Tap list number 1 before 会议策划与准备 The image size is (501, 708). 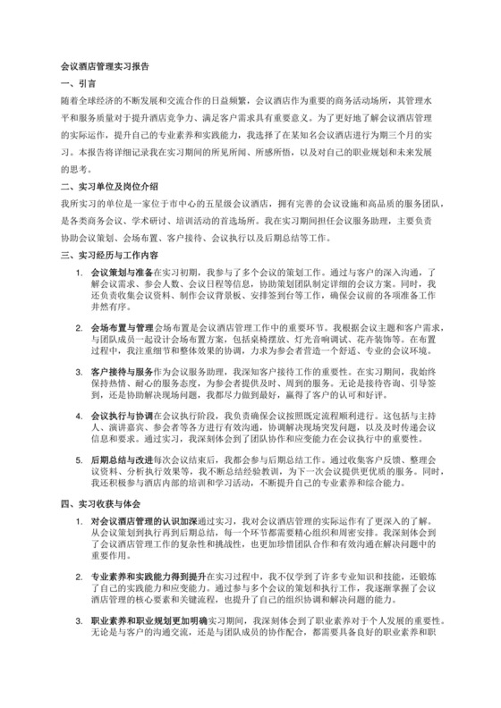[x=79, y=271]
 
